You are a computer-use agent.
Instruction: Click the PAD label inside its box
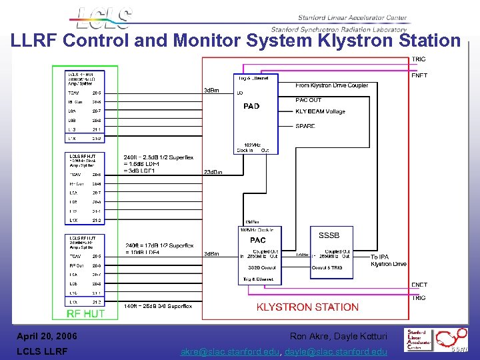(x=251, y=106)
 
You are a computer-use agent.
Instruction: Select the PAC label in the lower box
(x=257, y=240)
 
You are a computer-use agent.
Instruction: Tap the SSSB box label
(x=329, y=236)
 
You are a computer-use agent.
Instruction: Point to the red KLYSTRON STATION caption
(x=307, y=307)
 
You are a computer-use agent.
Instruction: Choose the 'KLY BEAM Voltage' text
(x=320, y=111)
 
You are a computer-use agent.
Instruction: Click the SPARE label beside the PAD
(x=305, y=126)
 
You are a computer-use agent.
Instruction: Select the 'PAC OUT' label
(x=308, y=100)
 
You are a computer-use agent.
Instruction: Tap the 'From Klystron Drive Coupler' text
(x=331, y=85)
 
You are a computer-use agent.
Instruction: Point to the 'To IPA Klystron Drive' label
(x=388, y=260)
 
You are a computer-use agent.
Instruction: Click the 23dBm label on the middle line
(x=213, y=172)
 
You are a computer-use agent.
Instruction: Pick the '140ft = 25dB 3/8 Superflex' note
(x=157, y=306)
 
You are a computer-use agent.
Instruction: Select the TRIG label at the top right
(x=419, y=59)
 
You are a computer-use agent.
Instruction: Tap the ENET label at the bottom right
(x=419, y=285)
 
